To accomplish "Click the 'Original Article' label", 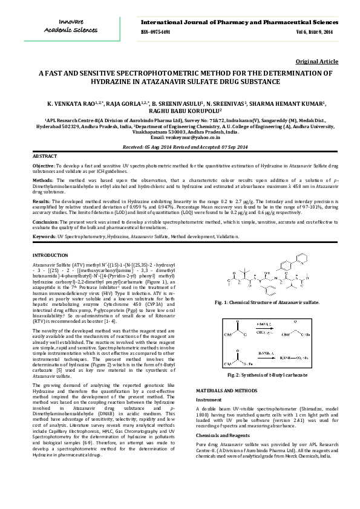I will [316, 62].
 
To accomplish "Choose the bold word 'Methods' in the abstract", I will [42, 180].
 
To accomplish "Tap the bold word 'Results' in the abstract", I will [41, 200].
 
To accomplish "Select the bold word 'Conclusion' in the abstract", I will [45, 221].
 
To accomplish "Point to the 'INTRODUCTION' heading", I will [50, 256].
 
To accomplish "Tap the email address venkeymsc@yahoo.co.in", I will [182, 138].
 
